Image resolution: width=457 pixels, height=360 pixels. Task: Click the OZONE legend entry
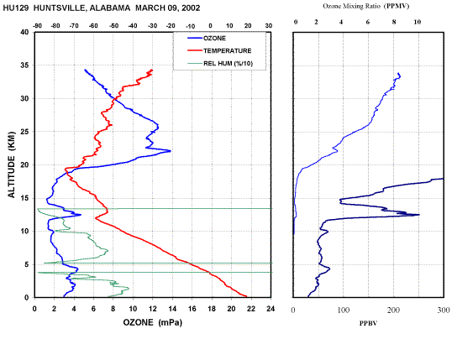click(207, 38)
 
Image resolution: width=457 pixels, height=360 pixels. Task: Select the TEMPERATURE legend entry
click(219, 50)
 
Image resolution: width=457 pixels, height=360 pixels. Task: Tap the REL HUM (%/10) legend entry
click(220, 64)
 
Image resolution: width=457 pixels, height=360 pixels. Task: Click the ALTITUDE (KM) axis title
click(11, 164)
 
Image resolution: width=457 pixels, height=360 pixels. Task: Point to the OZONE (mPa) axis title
click(152, 322)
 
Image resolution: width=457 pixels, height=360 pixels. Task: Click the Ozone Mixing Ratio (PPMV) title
click(366, 6)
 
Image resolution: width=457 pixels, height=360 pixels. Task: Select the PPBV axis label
click(368, 323)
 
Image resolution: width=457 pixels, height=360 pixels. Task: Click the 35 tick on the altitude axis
click(24, 65)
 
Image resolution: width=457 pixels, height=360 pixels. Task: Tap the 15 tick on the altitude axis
click(24, 198)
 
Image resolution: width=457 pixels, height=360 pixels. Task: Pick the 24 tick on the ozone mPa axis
click(271, 309)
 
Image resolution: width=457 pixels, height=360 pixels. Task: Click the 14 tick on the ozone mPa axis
click(172, 309)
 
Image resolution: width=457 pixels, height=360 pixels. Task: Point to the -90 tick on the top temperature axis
click(37, 26)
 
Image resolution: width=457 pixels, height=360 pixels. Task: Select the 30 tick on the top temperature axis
click(269, 26)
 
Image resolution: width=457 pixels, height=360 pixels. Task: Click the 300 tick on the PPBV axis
click(444, 310)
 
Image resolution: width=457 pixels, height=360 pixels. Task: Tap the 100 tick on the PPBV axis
click(344, 310)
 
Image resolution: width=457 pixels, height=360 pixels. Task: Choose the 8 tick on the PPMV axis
click(394, 22)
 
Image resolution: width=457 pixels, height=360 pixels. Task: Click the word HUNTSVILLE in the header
click(60, 8)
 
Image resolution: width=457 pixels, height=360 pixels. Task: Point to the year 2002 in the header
click(191, 8)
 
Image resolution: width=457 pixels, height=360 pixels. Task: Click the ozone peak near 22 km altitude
click(171, 151)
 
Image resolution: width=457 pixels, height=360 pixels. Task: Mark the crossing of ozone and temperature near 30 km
click(115, 100)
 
